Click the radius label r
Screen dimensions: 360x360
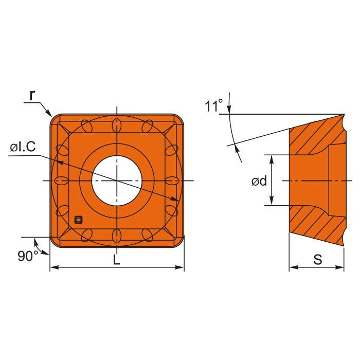[32, 95]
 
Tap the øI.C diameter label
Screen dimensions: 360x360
[23, 146]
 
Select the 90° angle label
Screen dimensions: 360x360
[28, 256]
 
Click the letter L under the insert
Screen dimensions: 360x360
[117, 259]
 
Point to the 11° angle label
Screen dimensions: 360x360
[214, 105]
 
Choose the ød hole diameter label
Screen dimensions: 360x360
[259, 181]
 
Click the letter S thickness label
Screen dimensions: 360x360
[318, 259]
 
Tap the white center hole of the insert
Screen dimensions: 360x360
[117, 181]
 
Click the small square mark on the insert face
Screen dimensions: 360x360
[79, 220]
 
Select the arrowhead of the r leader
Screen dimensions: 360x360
[49, 114]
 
